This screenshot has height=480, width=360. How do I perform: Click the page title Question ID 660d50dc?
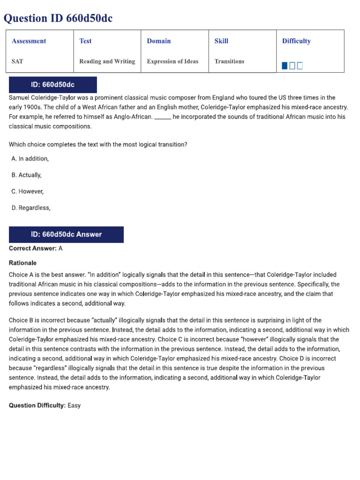click(58, 18)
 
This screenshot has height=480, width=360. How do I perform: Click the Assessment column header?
click(29, 41)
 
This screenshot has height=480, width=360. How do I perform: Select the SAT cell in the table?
click(17, 61)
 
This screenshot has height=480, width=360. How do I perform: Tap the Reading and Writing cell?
click(107, 61)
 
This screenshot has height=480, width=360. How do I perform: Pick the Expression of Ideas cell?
click(172, 61)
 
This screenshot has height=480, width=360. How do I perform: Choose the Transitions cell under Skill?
click(229, 61)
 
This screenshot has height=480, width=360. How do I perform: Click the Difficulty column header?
click(296, 41)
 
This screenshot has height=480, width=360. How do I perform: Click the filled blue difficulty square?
click(285, 66)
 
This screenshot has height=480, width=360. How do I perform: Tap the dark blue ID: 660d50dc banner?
click(52, 85)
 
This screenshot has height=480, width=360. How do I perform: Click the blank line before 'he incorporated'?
click(163, 117)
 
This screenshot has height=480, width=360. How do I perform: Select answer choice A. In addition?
click(30, 159)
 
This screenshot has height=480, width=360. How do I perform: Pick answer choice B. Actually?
click(27, 175)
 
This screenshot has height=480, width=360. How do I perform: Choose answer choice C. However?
click(28, 192)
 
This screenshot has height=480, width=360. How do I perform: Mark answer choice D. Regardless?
click(31, 208)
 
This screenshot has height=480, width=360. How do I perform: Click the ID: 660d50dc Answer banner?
click(66, 234)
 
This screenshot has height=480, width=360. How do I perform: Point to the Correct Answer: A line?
click(36, 249)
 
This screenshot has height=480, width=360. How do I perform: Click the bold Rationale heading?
click(22, 263)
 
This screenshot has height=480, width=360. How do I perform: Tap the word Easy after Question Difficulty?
click(74, 405)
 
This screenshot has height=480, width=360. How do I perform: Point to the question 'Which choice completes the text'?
click(98, 145)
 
